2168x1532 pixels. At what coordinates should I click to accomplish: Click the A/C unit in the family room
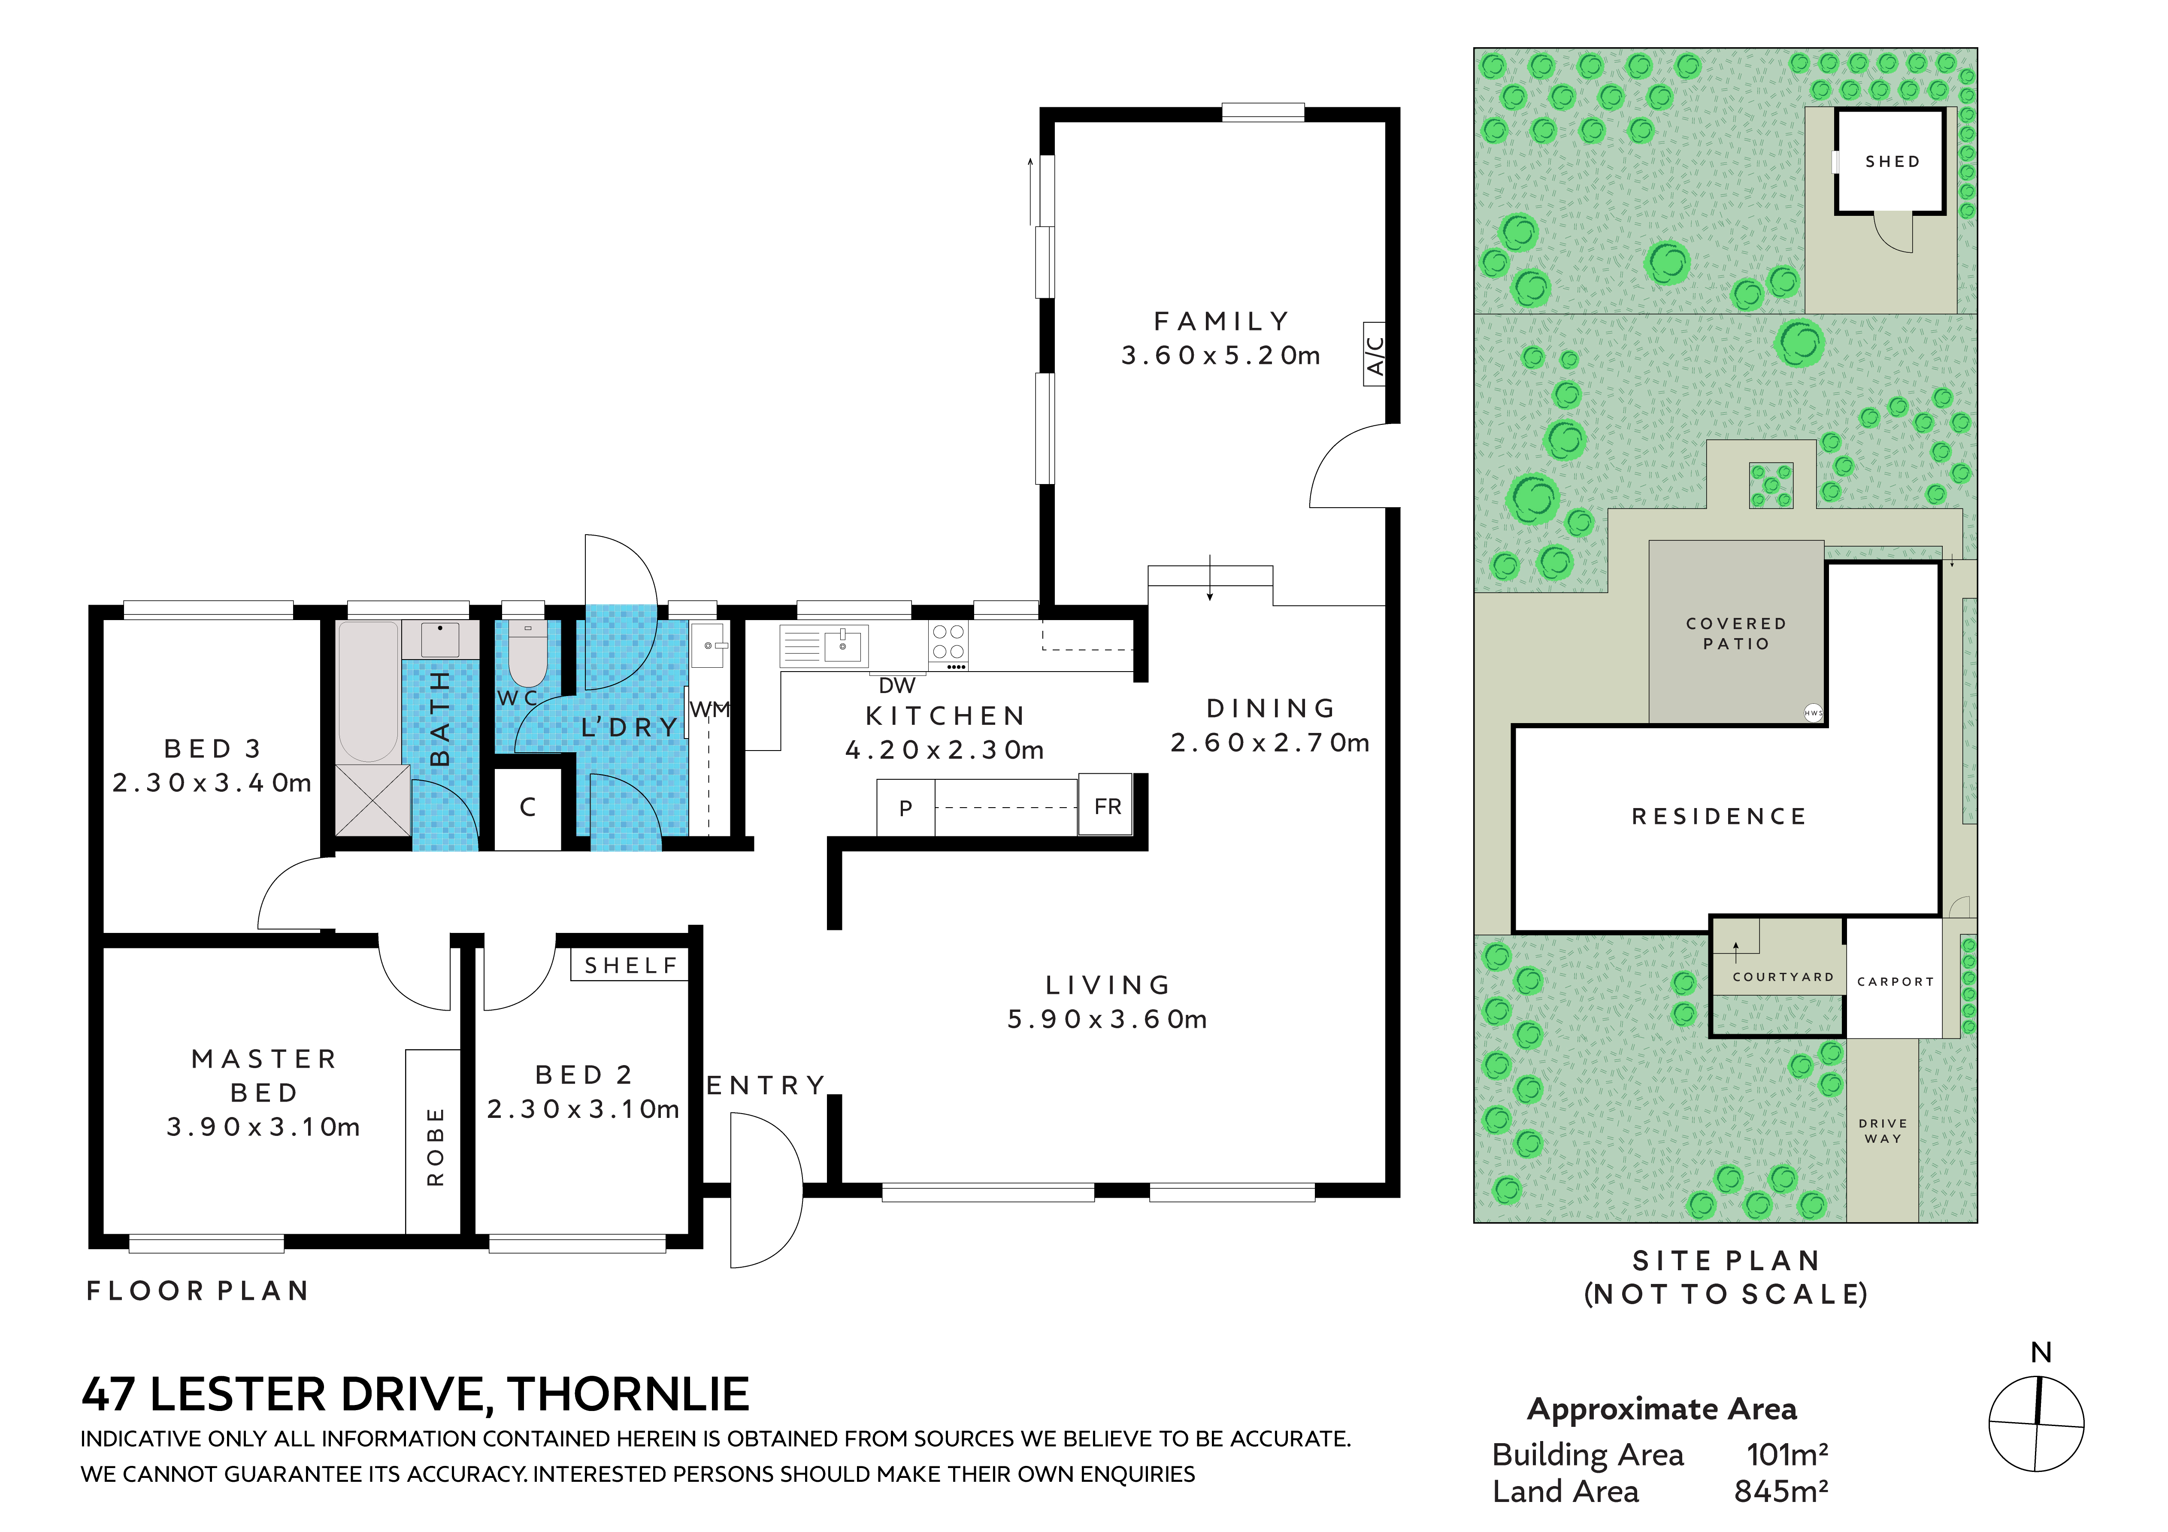[1375, 353]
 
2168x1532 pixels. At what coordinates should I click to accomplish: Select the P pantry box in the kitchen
[905, 808]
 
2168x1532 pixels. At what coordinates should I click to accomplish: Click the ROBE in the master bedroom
[433, 1141]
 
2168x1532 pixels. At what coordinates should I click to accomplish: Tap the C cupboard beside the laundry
[528, 808]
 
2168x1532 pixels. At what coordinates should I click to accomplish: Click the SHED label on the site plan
[1892, 161]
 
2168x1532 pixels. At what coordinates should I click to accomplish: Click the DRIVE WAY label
[1883, 1131]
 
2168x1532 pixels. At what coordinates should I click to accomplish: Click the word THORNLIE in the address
[628, 1394]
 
